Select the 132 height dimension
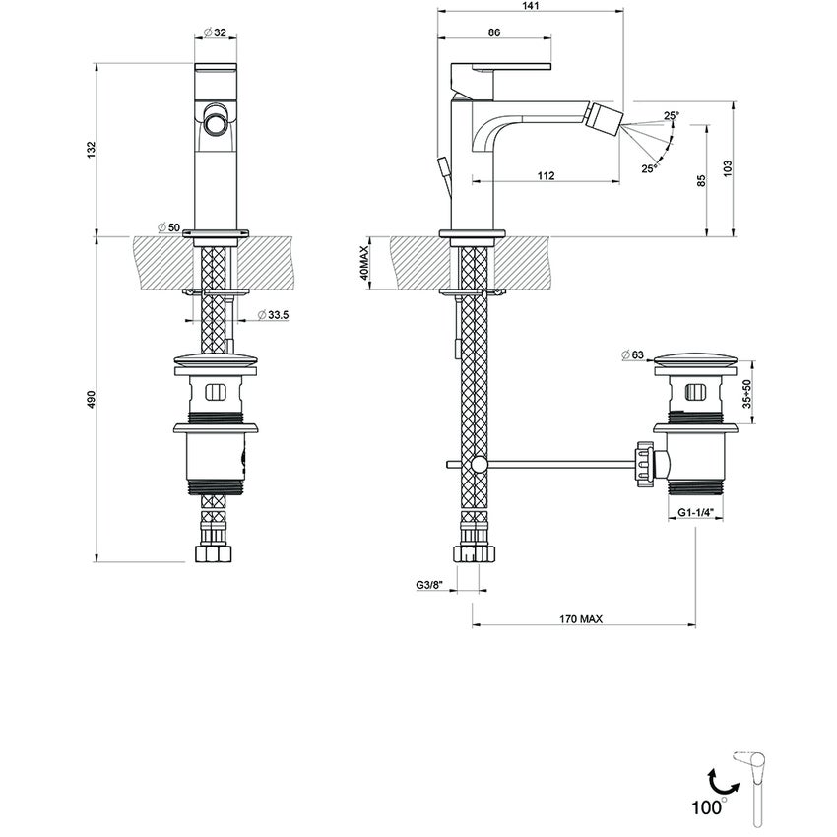click(x=91, y=149)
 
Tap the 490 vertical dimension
click(x=91, y=399)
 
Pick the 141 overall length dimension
click(x=530, y=6)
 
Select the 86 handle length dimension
click(x=494, y=32)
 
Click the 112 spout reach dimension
click(x=547, y=176)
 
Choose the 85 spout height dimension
click(x=701, y=180)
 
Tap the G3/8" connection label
click(x=430, y=585)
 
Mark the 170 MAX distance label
click(x=580, y=619)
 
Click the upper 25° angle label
click(x=671, y=116)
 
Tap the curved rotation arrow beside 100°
click(x=721, y=785)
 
